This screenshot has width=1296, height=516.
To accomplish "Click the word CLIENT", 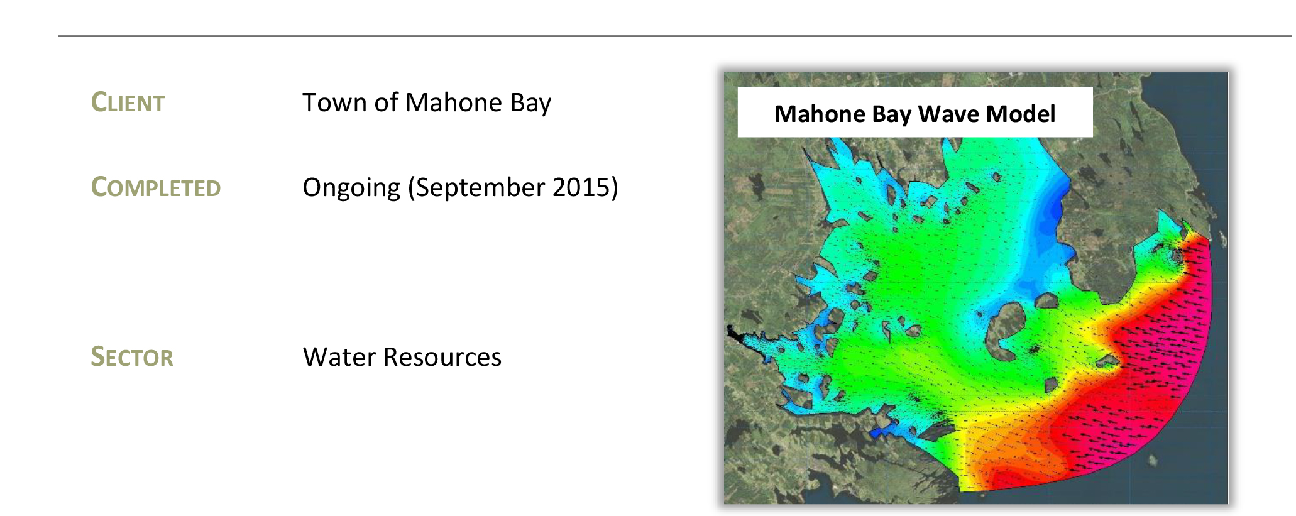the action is click(x=128, y=102).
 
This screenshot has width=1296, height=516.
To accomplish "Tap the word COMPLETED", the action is click(x=156, y=187).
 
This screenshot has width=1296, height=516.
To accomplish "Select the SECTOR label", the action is click(x=132, y=357).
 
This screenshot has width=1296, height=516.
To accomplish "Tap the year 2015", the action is click(x=585, y=188).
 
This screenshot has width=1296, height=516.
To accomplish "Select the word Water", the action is click(x=339, y=357).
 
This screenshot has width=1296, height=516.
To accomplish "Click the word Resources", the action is click(x=442, y=357).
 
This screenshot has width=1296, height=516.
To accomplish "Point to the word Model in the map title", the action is click(x=1021, y=114).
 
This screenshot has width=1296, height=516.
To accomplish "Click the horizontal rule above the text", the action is click(x=675, y=36).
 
